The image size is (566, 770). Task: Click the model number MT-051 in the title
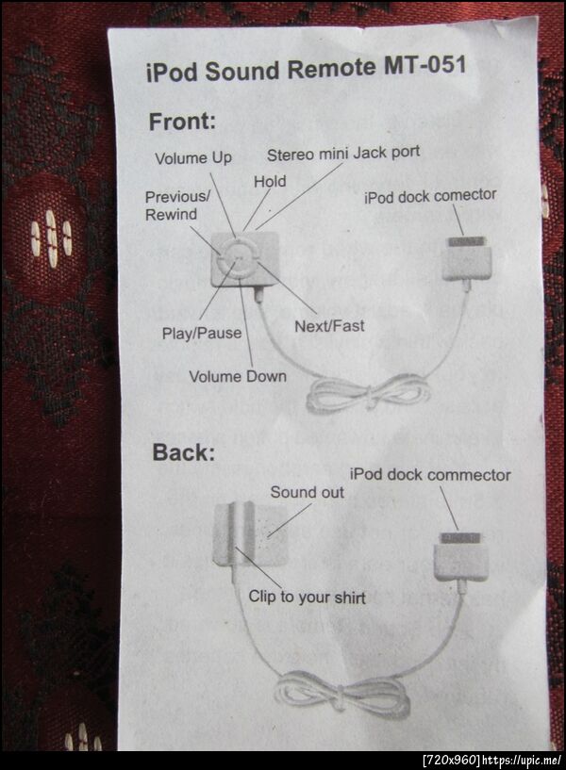click(x=424, y=65)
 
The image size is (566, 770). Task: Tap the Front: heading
click(x=182, y=122)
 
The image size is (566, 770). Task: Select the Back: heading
click(x=184, y=452)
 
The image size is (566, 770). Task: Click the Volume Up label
click(x=193, y=158)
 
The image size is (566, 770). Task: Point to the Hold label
click(x=270, y=182)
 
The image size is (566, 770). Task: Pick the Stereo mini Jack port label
click(x=343, y=154)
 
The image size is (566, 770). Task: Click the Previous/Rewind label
click(x=177, y=205)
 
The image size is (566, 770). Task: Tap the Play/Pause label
click(x=202, y=334)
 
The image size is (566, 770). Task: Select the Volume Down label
click(x=238, y=377)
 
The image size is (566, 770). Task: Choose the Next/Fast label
click(x=329, y=326)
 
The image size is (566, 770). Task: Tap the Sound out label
click(x=308, y=492)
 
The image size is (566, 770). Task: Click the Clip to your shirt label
click(x=308, y=598)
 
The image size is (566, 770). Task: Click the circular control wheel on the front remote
click(x=239, y=258)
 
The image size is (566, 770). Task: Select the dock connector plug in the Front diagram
click(x=466, y=259)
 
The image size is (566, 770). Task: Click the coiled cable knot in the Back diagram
click(x=339, y=696)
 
